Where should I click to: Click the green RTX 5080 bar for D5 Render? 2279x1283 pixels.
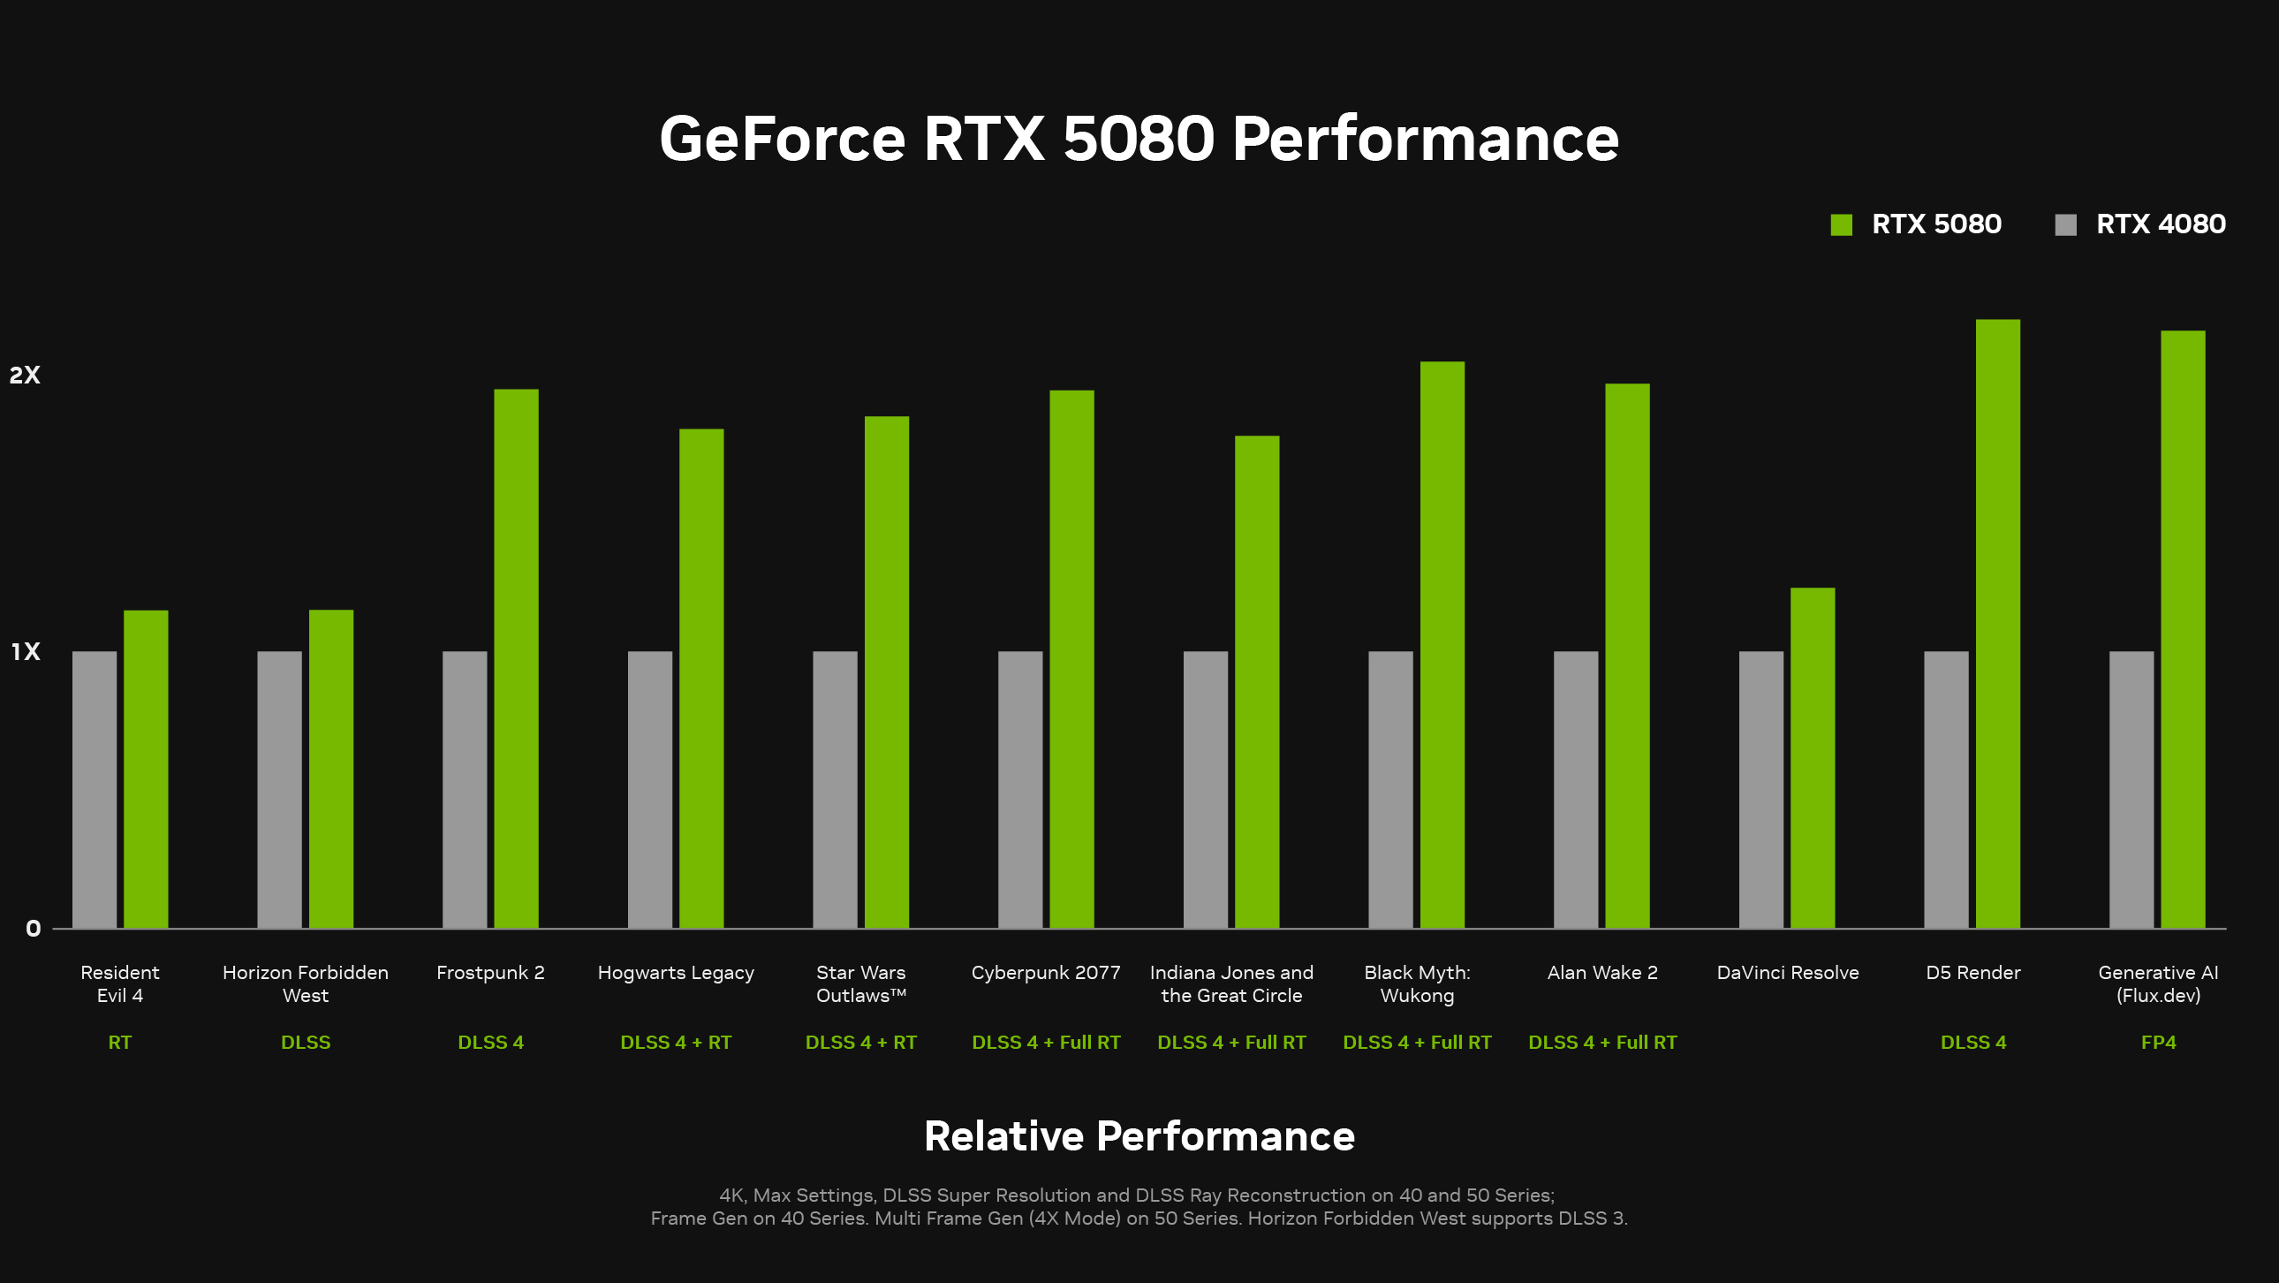pos(1998,624)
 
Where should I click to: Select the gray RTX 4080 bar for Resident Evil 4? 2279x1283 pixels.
pos(95,789)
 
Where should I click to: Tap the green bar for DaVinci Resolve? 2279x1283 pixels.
pos(1813,757)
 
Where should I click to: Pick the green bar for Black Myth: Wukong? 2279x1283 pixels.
pos(1442,644)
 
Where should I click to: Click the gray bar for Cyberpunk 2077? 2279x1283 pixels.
pos(1020,789)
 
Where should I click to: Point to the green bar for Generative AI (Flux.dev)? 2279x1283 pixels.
pos(2183,629)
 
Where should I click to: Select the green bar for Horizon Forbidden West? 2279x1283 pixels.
pos(331,768)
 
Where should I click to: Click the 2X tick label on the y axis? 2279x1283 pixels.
pos(25,376)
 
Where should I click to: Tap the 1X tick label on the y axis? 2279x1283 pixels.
pos(26,652)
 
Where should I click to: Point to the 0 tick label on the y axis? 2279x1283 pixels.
pos(33,928)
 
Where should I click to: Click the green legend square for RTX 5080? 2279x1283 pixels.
pos(1841,224)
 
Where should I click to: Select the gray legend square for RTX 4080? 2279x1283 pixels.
pos(2066,224)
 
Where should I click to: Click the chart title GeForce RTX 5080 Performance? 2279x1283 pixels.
pos(1139,139)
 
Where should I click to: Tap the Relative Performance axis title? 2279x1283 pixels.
pos(1139,1136)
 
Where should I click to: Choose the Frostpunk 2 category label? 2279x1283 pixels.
pos(490,973)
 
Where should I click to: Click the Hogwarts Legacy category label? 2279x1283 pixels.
pos(676,973)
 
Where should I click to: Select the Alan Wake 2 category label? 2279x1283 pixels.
pos(1602,973)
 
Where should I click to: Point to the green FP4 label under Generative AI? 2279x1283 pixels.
pos(2158,1043)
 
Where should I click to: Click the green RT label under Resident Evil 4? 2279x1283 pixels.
pos(119,1043)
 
